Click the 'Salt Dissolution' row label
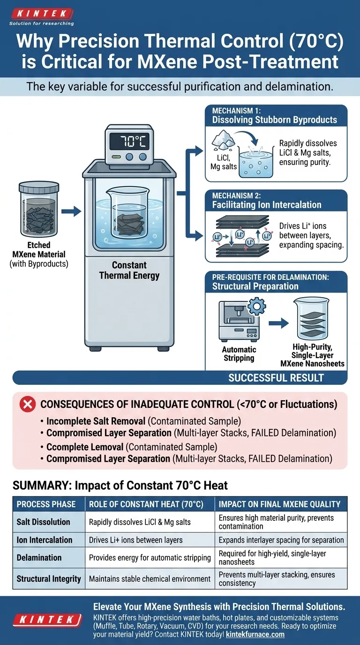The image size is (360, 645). click(43, 522)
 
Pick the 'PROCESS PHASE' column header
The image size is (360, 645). click(46, 504)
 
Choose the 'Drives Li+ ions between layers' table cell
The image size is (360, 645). click(136, 540)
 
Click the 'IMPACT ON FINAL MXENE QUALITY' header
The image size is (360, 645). click(279, 504)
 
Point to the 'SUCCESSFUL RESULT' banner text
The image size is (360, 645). click(276, 378)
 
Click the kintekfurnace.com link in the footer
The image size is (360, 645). click(255, 634)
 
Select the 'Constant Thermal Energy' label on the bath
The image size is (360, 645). click(129, 270)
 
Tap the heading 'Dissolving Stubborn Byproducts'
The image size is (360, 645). click(274, 120)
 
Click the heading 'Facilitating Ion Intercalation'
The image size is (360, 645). click(267, 205)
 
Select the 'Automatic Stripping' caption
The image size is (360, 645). click(239, 354)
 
